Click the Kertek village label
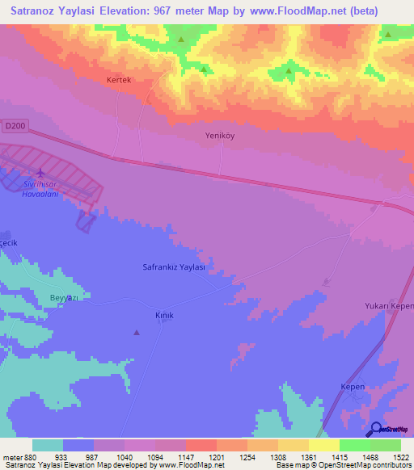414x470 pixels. click(x=118, y=81)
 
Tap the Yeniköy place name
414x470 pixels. click(x=219, y=136)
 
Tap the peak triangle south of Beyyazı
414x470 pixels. click(x=136, y=332)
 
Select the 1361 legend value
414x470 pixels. click(x=297, y=457)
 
